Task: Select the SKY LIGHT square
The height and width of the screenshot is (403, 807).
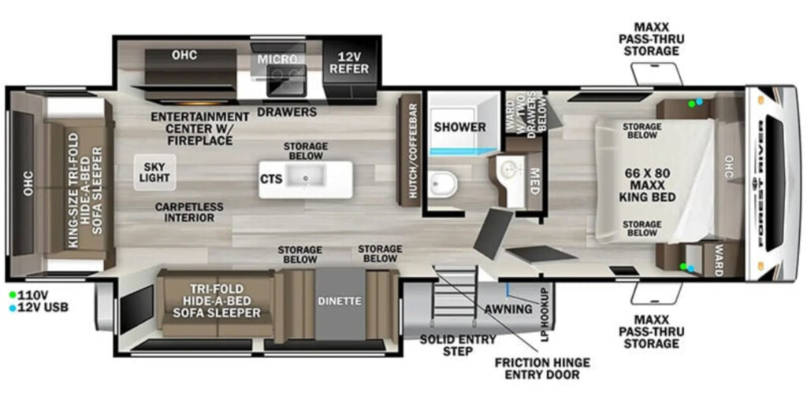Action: pos(155,172)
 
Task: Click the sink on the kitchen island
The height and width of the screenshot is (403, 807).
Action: pos(306,177)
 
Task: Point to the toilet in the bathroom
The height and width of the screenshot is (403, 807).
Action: pos(443,184)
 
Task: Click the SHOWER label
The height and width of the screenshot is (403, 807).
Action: pos(459,127)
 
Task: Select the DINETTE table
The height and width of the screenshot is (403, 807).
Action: pos(340,303)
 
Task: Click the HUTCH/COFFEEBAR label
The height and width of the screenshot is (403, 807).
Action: pos(411,149)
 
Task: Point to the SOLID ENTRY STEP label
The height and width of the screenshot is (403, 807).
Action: pos(458,345)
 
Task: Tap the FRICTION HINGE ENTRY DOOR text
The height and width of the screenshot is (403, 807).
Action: pos(542,368)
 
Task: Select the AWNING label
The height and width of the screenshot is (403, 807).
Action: pos(508,309)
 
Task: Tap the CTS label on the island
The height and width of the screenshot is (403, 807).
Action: pos(271,179)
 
